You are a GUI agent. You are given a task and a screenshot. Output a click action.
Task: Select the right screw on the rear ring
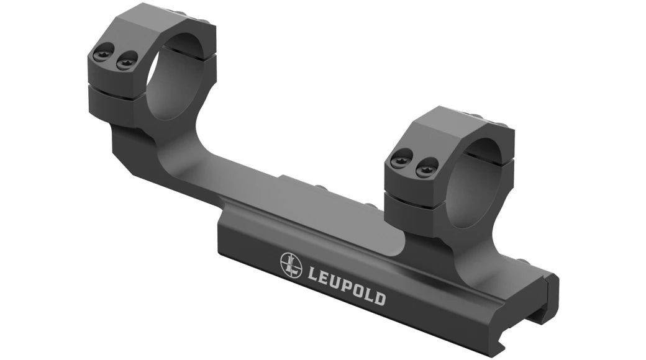(x=127, y=60)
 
